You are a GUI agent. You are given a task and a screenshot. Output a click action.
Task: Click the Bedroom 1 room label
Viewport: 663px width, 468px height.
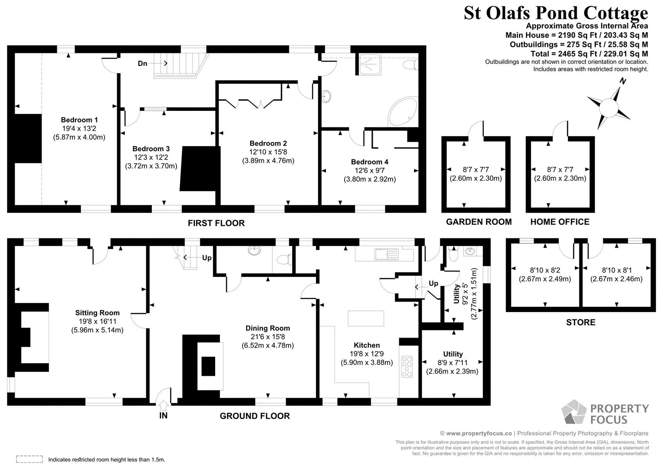79,120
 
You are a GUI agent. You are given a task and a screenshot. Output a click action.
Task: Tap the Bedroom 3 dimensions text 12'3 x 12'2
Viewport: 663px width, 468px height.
151,157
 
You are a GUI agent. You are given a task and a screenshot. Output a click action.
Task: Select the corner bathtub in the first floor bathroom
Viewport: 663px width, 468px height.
403,112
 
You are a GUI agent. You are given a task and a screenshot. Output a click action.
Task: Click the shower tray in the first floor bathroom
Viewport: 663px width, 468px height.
370,64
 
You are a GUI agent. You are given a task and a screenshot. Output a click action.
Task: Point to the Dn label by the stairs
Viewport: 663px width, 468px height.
142,63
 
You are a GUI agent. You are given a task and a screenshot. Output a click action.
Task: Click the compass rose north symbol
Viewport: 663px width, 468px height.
609,107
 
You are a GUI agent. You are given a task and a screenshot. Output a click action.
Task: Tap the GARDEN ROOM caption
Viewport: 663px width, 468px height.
479,222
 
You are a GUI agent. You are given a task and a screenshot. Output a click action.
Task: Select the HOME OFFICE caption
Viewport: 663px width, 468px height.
560,222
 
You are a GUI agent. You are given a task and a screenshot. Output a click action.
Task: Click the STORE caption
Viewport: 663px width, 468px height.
581,322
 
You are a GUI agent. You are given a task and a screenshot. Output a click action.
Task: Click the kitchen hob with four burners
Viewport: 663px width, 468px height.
407,367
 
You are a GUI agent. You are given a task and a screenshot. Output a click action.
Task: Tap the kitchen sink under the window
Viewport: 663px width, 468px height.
387,254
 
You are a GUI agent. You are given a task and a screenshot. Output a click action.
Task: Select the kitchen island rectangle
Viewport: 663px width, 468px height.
366,318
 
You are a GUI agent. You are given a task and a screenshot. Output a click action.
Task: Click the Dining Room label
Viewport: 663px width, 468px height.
268,328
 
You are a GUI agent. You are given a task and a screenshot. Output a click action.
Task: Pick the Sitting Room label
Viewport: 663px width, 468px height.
97,313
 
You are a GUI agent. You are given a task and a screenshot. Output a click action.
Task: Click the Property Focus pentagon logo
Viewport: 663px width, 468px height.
574,412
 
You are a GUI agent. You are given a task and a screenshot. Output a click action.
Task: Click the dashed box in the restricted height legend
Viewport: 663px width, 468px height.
30,459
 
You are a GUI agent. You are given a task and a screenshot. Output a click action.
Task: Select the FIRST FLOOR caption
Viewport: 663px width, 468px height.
216,223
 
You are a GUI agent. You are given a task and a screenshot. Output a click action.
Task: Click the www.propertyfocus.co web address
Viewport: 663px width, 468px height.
479,433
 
